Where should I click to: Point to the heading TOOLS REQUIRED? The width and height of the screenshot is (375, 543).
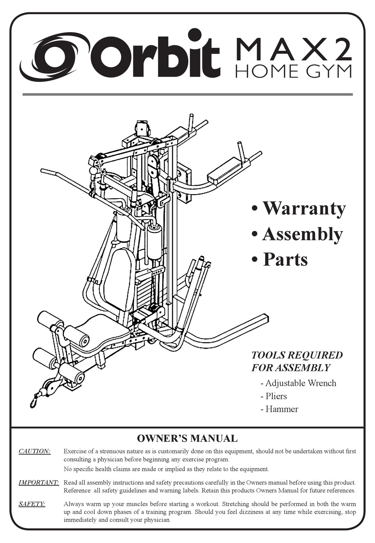[297, 355]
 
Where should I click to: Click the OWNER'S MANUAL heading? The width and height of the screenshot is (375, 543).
[187, 438]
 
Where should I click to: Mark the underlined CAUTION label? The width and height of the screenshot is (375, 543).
[35, 451]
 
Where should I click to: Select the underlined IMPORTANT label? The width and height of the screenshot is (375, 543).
[39, 482]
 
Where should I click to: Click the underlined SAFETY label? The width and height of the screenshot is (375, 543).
[32, 504]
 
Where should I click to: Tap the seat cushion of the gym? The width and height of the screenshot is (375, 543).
[101, 331]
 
